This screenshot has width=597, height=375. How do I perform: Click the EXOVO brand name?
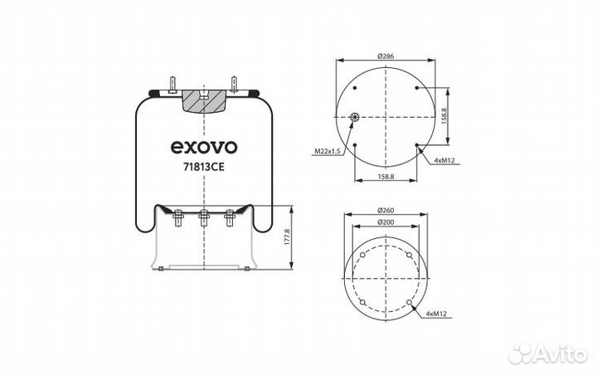204,147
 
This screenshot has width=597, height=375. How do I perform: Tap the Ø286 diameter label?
385,55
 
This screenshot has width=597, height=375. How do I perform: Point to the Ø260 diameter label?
385,208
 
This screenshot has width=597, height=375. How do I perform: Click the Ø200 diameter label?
385,223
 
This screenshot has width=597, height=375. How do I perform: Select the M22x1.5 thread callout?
328,151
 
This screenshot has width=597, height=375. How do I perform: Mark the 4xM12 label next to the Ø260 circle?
438,314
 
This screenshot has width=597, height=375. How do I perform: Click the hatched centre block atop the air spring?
203,101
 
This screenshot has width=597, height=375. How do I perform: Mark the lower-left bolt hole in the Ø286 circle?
355,146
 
